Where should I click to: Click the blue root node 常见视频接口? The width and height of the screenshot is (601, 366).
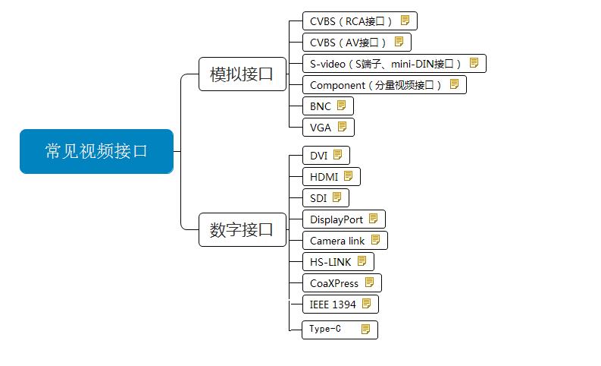click(96, 151)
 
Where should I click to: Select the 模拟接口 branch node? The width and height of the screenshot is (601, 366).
click(242, 74)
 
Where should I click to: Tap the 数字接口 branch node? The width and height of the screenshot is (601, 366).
click(242, 229)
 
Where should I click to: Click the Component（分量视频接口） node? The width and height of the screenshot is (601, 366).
click(376, 85)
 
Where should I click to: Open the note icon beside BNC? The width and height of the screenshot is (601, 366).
click(341, 106)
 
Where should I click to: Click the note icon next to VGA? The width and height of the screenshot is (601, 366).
click(342, 127)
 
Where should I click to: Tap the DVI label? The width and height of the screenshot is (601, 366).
click(318, 156)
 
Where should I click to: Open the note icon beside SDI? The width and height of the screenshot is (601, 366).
click(337, 197)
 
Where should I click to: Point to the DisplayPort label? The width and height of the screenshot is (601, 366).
click(336, 219)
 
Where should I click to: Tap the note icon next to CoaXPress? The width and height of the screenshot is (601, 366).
click(370, 282)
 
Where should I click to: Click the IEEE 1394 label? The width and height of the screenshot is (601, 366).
click(333, 304)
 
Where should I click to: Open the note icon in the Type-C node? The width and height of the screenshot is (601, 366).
click(366, 330)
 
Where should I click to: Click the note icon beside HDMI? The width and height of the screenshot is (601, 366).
click(349, 176)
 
